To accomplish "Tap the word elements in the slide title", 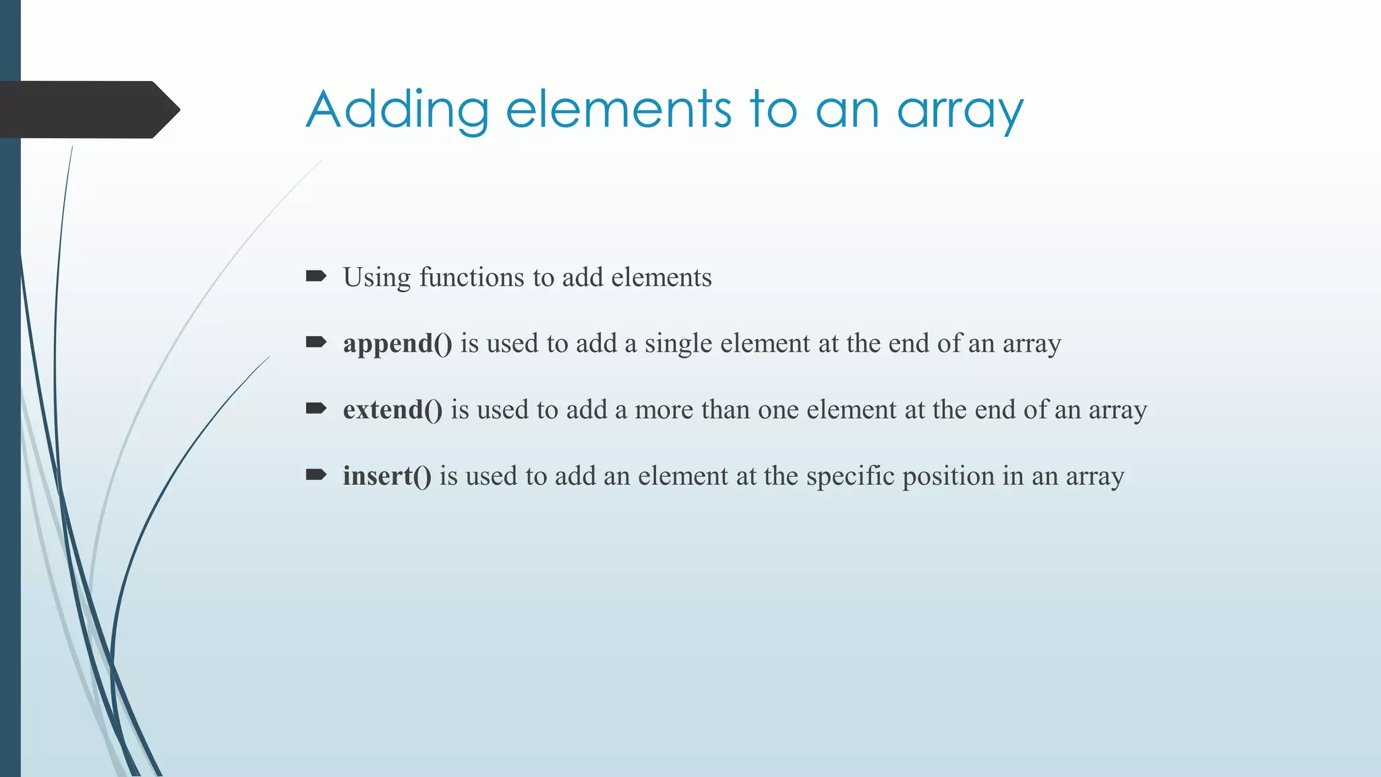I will [618, 110].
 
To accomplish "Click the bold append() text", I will [397, 344].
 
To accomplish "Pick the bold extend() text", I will [392, 410].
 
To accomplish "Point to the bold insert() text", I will [386, 476].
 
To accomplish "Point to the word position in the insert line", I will [948, 476].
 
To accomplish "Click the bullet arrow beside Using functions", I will [316, 276].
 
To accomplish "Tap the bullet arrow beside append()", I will [316, 342].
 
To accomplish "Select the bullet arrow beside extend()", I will [316, 408].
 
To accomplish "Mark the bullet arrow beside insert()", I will [316, 475].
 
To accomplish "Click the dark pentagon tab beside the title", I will [88, 109].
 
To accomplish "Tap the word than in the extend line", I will [725, 410].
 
